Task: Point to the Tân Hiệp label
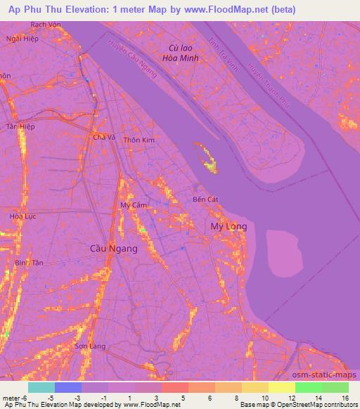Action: click(x=20, y=126)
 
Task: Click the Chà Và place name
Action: click(x=104, y=137)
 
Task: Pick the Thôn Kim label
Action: click(x=139, y=141)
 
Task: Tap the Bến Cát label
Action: click(x=205, y=200)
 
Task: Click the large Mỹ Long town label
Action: click(x=228, y=226)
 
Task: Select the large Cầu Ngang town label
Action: click(x=114, y=248)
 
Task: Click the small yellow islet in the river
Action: click(x=208, y=160)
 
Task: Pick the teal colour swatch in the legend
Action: click(x=41, y=387)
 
